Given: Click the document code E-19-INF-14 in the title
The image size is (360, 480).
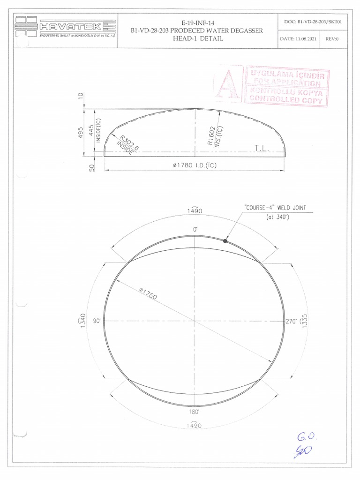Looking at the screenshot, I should [x=197, y=22].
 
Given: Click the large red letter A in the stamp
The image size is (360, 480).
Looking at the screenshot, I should [x=229, y=84].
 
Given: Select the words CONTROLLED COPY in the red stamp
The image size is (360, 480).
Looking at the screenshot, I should [x=286, y=98].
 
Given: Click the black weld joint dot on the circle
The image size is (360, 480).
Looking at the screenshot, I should [x=225, y=241].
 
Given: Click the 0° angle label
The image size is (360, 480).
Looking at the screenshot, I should [x=195, y=229].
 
